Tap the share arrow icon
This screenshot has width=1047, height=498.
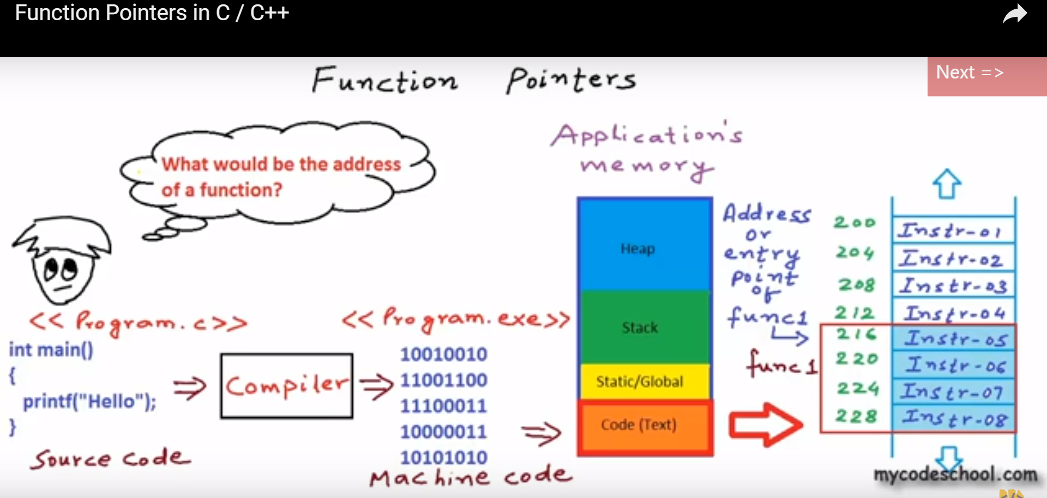1014,14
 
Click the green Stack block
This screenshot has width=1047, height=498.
645,327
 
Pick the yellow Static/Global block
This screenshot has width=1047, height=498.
645,381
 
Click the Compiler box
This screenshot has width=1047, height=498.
287,386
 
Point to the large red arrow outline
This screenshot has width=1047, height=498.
766,425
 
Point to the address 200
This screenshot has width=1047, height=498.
854,222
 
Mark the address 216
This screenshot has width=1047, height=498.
856,334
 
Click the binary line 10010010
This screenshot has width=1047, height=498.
443,354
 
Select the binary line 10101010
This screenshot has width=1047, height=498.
443,458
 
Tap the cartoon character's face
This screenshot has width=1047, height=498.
61,272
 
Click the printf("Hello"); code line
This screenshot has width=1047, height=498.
89,402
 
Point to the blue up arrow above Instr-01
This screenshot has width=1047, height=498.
947,184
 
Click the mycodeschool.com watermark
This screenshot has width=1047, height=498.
955,475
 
